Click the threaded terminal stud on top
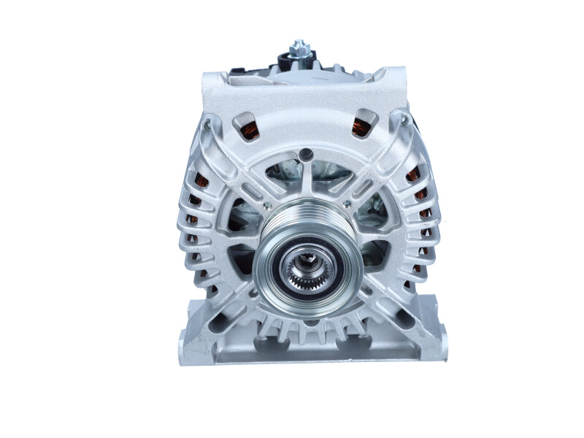(299, 45)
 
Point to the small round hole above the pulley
(307, 154)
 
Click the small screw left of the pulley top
(268, 205)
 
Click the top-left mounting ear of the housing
(213, 77)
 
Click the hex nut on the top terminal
(299, 53)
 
